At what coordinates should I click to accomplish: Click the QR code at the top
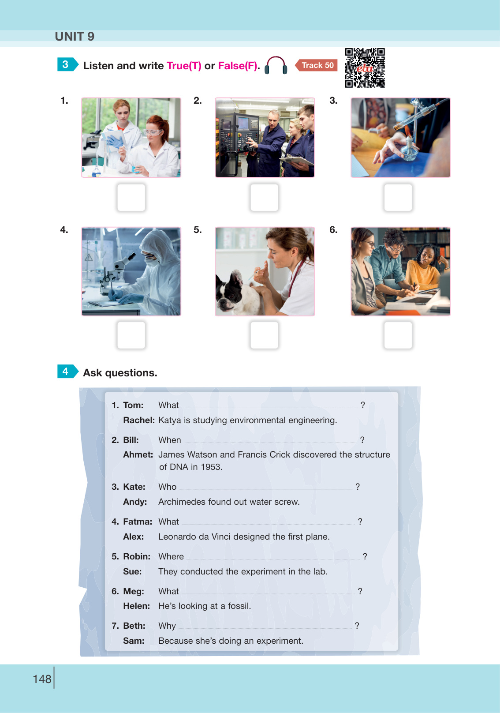click(x=365, y=68)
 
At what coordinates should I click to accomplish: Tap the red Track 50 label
click(x=316, y=65)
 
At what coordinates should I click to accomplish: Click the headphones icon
click(x=276, y=65)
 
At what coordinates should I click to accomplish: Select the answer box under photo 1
click(x=131, y=197)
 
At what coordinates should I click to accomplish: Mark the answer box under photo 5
click(x=264, y=335)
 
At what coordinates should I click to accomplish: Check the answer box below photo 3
click(x=398, y=197)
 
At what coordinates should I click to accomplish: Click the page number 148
click(x=42, y=679)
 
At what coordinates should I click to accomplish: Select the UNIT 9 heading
click(x=75, y=36)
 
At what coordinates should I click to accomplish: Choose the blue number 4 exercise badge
click(x=67, y=371)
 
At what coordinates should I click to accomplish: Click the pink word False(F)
click(x=238, y=66)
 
